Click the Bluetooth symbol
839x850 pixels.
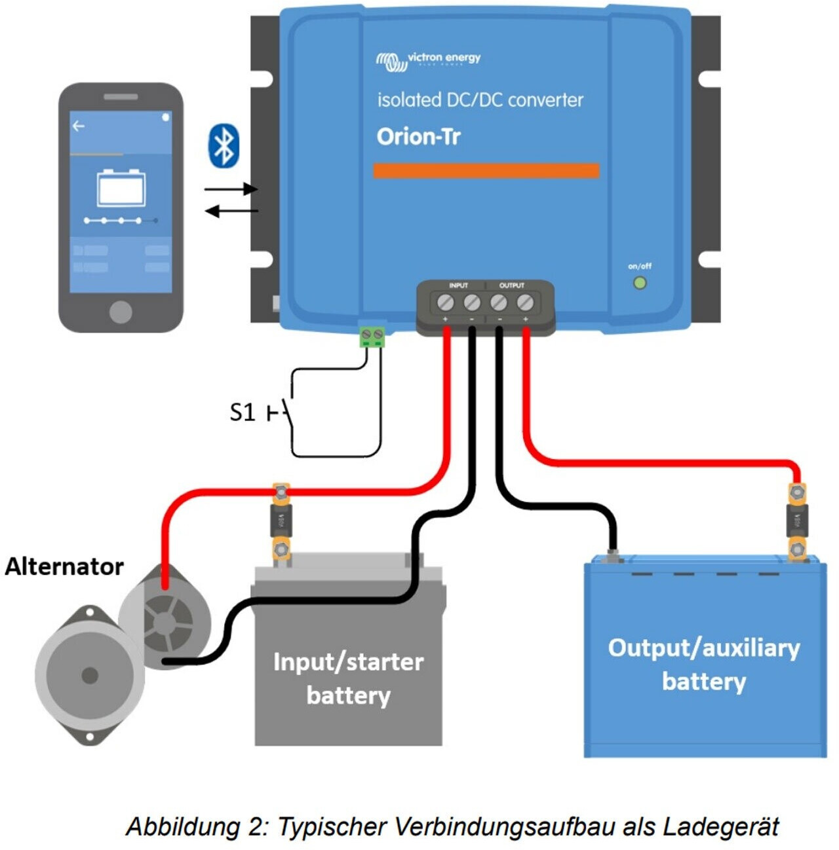(x=224, y=145)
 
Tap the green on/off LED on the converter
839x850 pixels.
(x=640, y=283)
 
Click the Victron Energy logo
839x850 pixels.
(x=429, y=60)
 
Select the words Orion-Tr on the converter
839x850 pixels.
(x=418, y=136)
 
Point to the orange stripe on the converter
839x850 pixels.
(x=486, y=171)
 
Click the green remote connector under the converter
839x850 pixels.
(x=372, y=337)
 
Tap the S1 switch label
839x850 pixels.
(x=242, y=412)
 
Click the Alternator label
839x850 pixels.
(x=64, y=566)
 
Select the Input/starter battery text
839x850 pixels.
(x=348, y=678)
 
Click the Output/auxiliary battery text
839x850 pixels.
(x=704, y=664)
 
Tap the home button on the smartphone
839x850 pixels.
(x=121, y=312)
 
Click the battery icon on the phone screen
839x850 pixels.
(x=121, y=188)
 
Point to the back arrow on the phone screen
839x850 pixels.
(x=79, y=126)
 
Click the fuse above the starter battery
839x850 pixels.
(x=282, y=521)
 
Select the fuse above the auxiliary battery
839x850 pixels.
(x=797, y=521)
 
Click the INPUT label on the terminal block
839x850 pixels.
(x=458, y=286)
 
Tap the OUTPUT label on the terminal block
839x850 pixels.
(x=512, y=286)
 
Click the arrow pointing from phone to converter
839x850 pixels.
(x=231, y=189)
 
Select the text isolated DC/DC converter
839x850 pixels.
(x=480, y=100)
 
